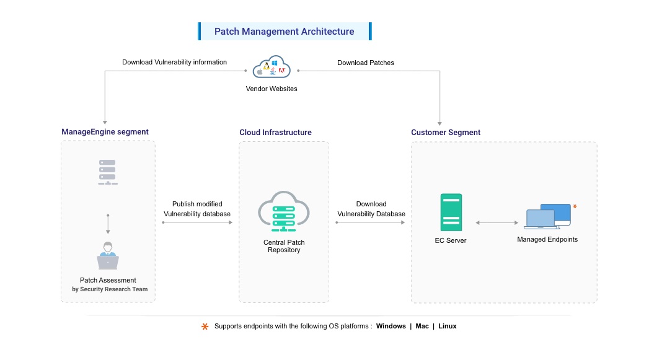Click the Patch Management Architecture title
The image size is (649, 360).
[285, 32]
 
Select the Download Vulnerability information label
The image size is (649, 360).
[174, 63]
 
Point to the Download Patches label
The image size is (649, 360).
[365, 63]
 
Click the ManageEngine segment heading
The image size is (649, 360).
[105, 132]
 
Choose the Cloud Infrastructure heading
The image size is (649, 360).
[275, 133]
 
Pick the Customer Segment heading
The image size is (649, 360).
[446, 133]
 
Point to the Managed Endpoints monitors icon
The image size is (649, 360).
[548, 216]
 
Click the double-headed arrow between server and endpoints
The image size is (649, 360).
[497, 222]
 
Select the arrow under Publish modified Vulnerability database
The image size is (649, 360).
[196, 222]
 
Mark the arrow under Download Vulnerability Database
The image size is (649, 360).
[371, 222]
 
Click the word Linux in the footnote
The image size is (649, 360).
[447, 327]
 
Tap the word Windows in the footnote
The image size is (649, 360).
[391, 327]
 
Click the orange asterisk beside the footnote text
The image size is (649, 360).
[205, 327]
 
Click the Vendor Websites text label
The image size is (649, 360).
[272, 89]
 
